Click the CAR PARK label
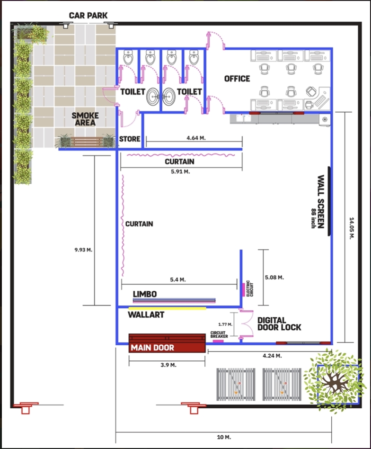coord(88,16)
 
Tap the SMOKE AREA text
coord(85,119)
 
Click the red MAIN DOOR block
coord(167,343)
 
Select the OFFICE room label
coord(237,79)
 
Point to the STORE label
coord(130,139)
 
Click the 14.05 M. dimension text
coord(352,228)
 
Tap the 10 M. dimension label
coord(224,437)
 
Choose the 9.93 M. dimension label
coord(83,250)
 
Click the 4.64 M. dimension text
coord(196,138)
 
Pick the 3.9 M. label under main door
coord(168,365)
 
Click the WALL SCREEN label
coord(321,202)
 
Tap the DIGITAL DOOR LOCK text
coord(279,324)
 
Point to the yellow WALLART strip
coord(168,309)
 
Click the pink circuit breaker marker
coord(218,341)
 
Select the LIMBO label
coord(145,294)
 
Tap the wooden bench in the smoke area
coord(87,142)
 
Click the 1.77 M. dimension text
coord(225,324)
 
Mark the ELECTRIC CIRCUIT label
coord(250,288)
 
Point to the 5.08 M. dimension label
coord(274,278)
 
